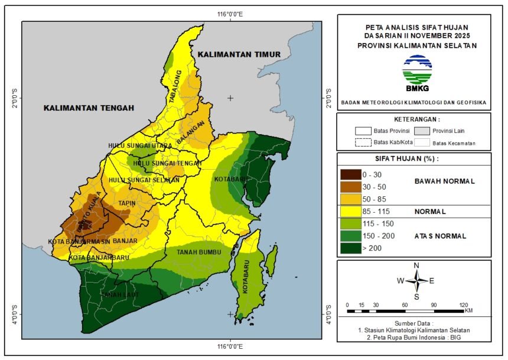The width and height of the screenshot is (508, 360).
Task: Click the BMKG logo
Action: pyautogui.click(x=417, y=73)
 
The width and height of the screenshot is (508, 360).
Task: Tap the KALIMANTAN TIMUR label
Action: pyautogui.click(x=239, y=54)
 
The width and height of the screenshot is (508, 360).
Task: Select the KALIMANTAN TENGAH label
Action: pyautogui.click(x=89, y=108)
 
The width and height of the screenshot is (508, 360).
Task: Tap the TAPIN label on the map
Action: pyautogui.click(x=127, y=203)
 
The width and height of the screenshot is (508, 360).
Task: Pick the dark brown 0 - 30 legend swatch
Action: pyautogui.click(x=351, y=175)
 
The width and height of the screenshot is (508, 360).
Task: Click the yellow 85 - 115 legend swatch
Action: pyautogui.click(x=351, y=211)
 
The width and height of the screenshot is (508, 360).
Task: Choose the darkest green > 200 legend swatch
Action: pyautogui.click(x=351, y=248)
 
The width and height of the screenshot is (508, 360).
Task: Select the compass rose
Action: pyautogui.click(x=416, y=280)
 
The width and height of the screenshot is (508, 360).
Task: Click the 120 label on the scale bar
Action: pyautogui.click(x=464, y=304)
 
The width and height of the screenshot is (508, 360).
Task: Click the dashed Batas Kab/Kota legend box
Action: pyautogui.click(x=363, y=142)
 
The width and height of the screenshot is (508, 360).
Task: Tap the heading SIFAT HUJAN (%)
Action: pyautogui.click(x=414, y=159)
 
